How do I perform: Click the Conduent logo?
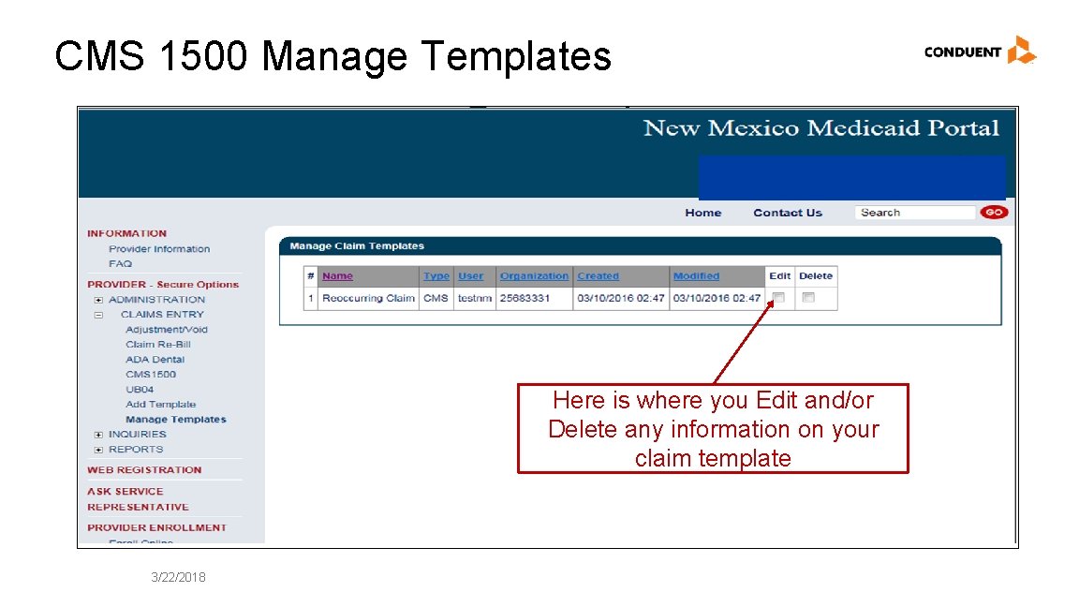click(980, 51)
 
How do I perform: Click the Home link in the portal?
click(702, 213)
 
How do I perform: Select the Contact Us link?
click(787, 213)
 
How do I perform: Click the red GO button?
click(993, 213)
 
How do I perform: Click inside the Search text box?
click(913, 213)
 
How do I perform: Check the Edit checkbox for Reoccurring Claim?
click(778, 298)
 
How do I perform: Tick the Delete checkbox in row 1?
click(808, 298)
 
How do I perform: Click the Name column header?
click(337, 276)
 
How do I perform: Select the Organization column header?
click(534, 276)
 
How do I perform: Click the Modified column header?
click(696, 276)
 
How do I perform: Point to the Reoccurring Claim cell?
click(368, 298)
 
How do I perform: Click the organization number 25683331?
click(525, 298)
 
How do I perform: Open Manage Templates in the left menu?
click(176, 420)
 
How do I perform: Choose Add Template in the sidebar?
click(160, 405)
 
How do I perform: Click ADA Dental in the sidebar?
click(155, 360)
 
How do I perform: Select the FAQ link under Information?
click(120, 264)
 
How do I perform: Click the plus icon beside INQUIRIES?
click(98, 435)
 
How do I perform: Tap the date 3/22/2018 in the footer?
click(178, 577)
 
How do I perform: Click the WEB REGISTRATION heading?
click(144, 470)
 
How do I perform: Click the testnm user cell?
click(474, 298)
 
